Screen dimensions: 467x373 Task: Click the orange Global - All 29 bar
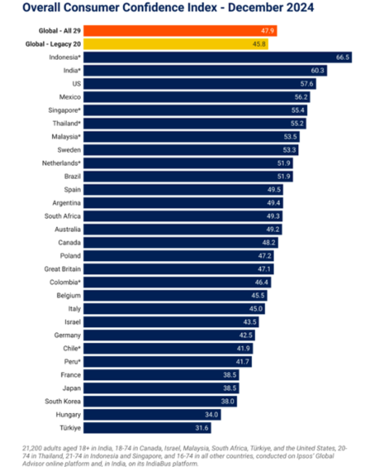coord(180,31)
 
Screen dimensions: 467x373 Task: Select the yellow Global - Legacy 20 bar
coord(175,44)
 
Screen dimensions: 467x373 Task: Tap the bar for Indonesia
coord(218,57)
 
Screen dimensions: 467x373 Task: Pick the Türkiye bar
coord(147,428)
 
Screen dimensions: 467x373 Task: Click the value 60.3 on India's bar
coord(317,71)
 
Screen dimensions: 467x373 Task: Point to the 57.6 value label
coord(307,84)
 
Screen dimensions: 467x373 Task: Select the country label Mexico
coord(70,97)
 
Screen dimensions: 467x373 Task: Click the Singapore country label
coord(64,110)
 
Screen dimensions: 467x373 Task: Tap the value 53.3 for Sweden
coord(289,150)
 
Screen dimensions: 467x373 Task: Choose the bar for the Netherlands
coord(188,163)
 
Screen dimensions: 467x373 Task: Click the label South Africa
coord(63,216)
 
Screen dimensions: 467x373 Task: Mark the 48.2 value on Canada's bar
coord(269,242)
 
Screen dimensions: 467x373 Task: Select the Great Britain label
coord(63,269)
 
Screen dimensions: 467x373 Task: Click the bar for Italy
coord(174,309)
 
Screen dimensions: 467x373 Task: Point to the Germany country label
coord(67,335)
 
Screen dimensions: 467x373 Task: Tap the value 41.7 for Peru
coord(242,362)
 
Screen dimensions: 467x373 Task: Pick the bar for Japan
coord(161,388)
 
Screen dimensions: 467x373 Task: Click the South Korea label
coord(63,401)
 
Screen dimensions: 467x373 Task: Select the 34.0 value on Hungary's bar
coord(211,415)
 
